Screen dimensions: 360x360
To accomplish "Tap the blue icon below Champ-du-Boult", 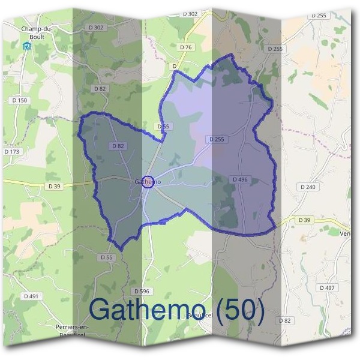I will pos(26,46).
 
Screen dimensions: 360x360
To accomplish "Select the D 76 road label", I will pos(185,47).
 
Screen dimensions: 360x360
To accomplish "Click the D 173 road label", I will pos(12,152).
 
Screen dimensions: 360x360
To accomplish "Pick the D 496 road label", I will pos(239,179).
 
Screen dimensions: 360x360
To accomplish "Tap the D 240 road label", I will pos(307,187).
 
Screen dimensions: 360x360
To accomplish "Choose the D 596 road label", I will pos(142,291).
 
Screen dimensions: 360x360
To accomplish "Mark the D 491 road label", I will pos(31,296).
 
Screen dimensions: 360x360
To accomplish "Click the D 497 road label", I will pos(327,288).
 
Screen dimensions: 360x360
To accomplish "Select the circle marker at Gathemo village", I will pos(149,182).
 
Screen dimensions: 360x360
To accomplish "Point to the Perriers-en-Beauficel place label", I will pos(71,329).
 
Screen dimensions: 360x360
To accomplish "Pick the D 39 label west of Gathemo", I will pos(55,187).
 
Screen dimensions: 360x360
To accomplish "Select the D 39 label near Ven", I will pos(305,220).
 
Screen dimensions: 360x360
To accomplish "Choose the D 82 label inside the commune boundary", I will pos(118,146).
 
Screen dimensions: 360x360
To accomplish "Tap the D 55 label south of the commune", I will pos(106,257).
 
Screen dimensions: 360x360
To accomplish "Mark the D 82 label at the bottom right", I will pos(286,321).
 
